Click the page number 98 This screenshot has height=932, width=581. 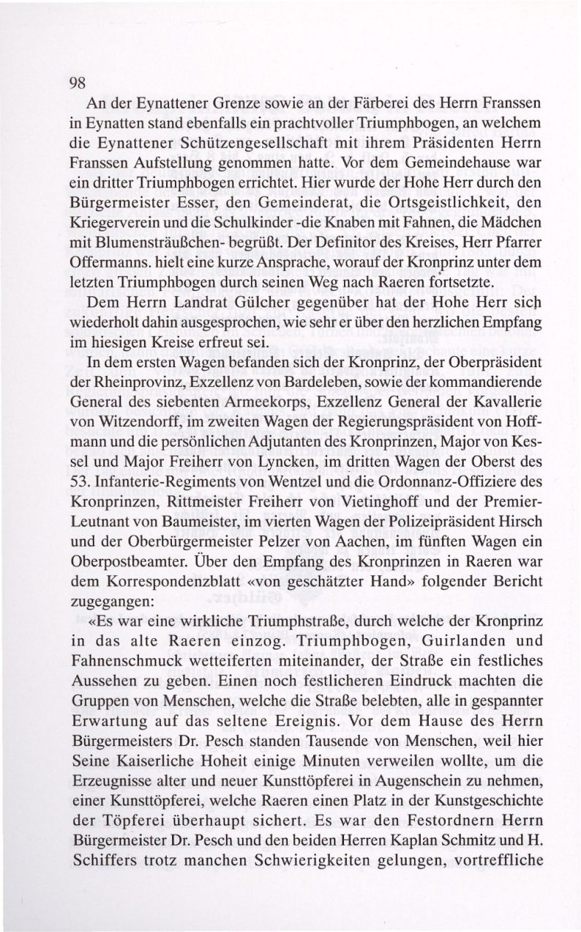78,82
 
